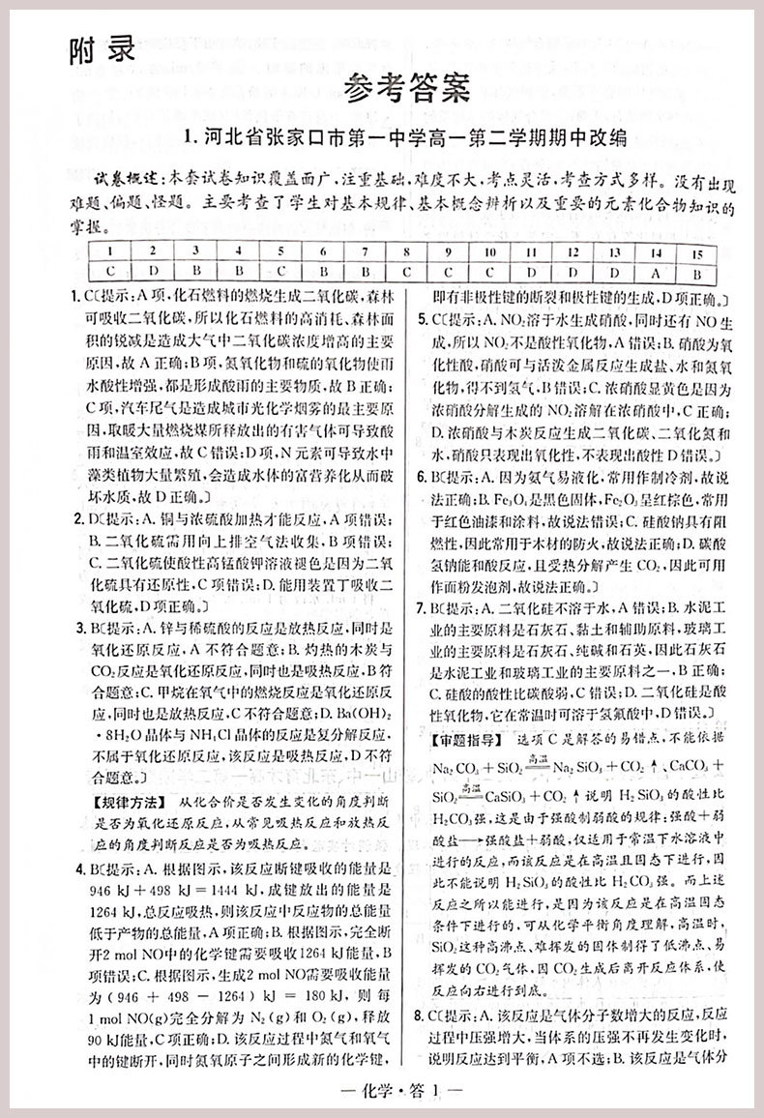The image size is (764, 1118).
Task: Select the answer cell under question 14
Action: click(x=655, y=272)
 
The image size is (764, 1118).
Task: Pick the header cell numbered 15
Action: click(x=696, y=252)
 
